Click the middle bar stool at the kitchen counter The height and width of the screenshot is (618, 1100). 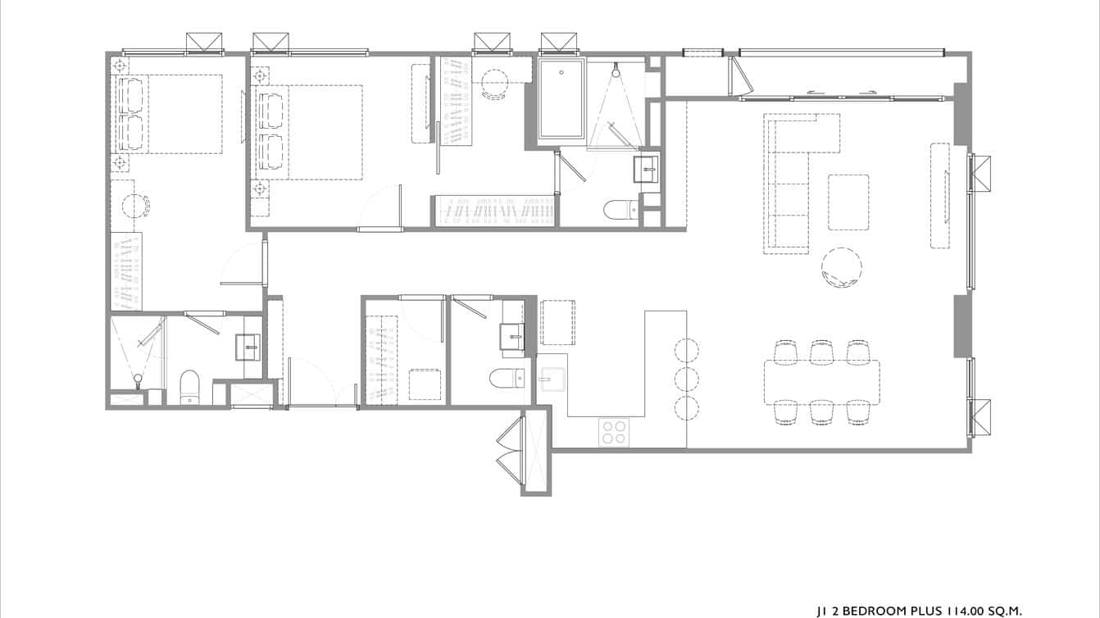(686, 379)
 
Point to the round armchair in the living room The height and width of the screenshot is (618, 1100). (842, 267)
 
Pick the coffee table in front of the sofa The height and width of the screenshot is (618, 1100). (848, 202)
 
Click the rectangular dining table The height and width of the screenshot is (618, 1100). (821, 382)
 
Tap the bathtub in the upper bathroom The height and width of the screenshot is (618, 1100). (561, 99)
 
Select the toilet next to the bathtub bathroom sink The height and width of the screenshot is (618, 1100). (620, 211)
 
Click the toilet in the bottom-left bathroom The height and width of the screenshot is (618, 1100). (189, 387)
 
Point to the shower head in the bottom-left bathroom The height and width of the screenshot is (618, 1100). (138, 378)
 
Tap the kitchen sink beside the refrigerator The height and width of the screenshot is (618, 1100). (551, 379)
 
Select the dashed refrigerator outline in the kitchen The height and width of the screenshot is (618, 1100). (558, 322)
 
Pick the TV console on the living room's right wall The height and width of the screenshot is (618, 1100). (939, 195)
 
